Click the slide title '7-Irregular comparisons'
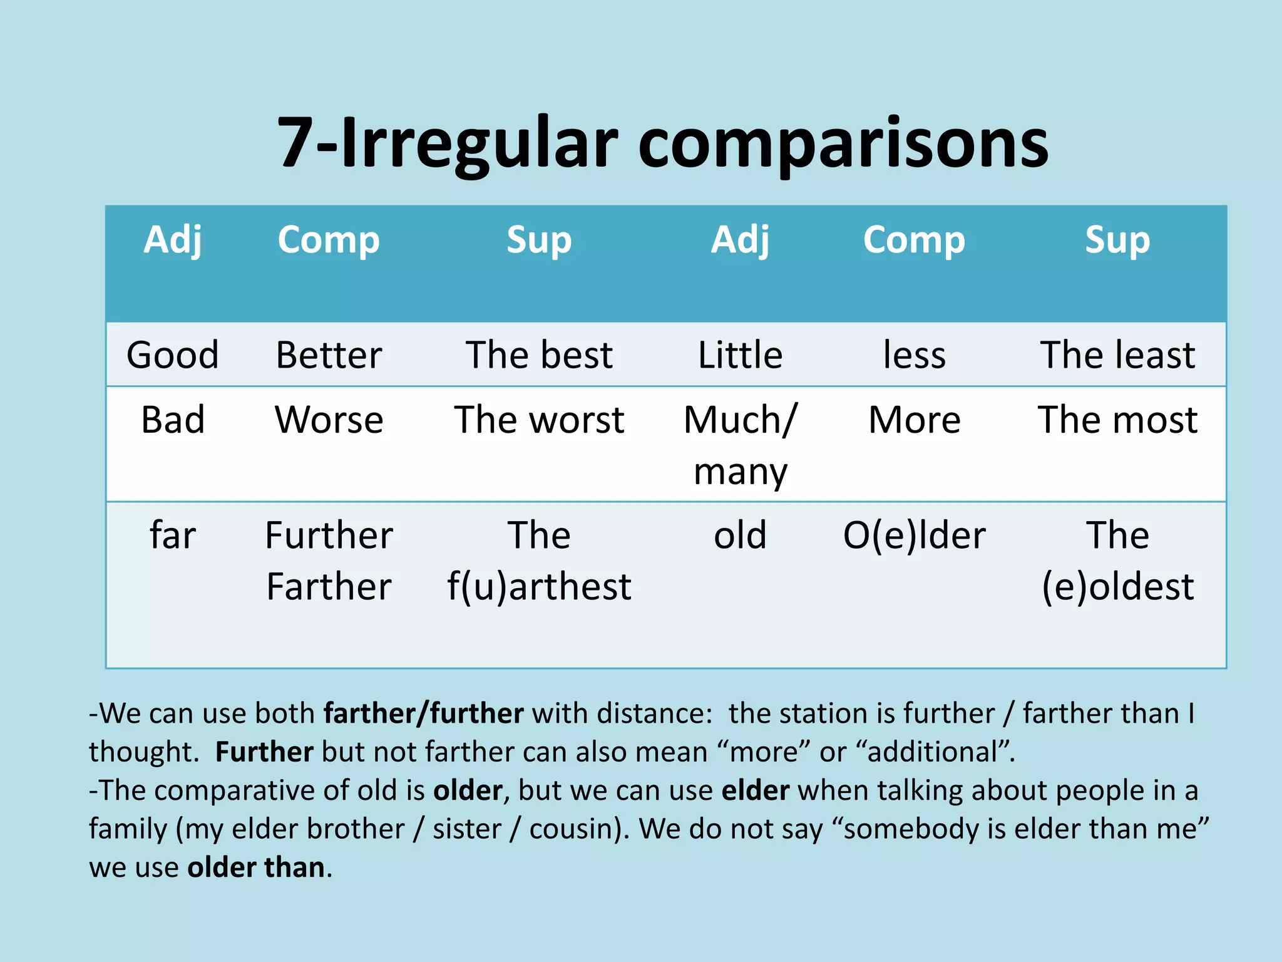662,143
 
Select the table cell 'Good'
173,355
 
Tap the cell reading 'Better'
329,355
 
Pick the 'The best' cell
539,355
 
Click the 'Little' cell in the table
740,355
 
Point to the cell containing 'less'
914,355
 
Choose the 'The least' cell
1117,355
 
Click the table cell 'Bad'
173,420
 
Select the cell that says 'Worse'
329,420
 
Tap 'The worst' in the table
539,420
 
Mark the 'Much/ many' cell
740,445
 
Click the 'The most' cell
1117,420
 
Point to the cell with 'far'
173,535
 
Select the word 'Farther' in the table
329,587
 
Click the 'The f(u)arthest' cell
539,561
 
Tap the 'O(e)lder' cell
914,535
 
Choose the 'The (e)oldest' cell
1117,561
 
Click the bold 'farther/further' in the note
423,714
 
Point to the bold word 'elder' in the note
755,790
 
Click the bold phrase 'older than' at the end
256,867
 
